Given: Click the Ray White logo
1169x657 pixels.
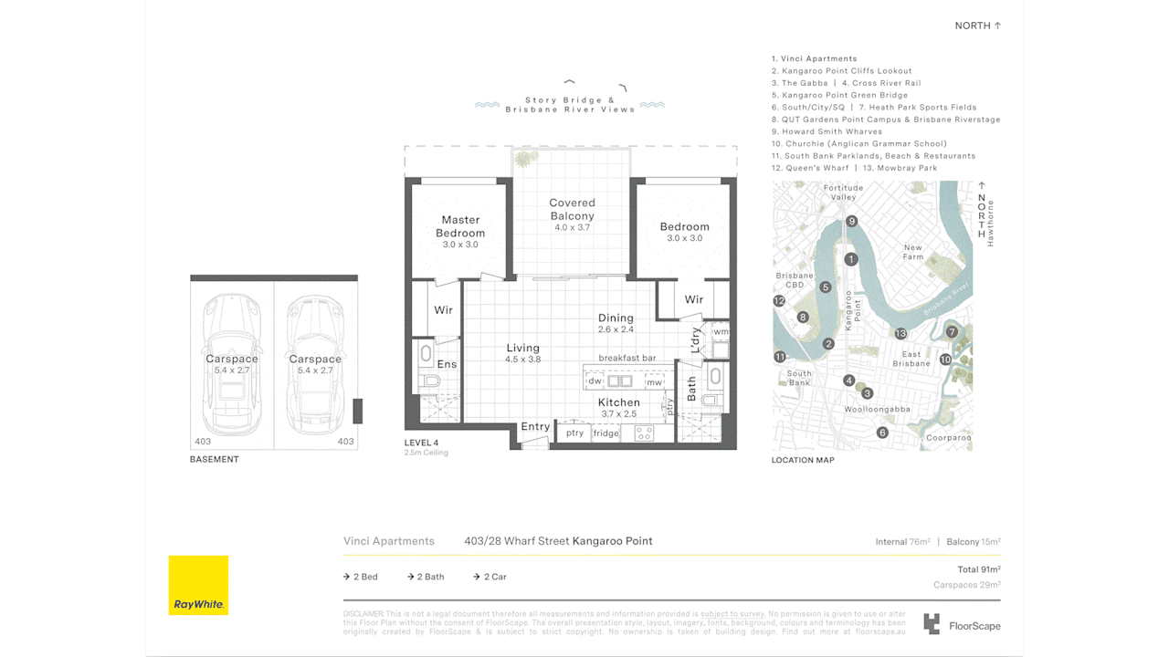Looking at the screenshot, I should click(x=198, y=585).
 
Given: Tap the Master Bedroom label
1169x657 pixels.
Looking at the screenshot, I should click(x=460, y=226).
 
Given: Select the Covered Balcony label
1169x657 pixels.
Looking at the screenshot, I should click(x=573, y=209).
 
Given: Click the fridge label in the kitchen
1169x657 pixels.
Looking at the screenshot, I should click(x=606, y=433).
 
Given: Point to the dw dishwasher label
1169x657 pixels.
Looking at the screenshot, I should click(x=595, y=381).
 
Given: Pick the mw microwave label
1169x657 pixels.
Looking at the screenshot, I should click(x=654, y=382).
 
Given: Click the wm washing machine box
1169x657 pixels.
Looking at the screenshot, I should click(x=721, y=331).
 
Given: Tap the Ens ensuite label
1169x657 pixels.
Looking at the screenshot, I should click(x=447, y=364).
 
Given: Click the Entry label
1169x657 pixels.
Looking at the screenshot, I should click(x=535, y=426).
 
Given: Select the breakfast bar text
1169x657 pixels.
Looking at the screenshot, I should click(x=627, y=359).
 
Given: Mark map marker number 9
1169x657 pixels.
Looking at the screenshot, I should click(x=851, y=221).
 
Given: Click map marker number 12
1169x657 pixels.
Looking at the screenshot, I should click(x=779, y=301).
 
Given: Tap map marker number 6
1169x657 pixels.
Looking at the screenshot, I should click(x=882, y=433).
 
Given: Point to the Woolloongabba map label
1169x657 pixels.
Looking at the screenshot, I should click(x=877, y=410).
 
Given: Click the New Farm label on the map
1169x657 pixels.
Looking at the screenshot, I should click(x=913, y=253).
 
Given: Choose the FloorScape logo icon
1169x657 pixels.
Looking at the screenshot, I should click(x=931, y=624).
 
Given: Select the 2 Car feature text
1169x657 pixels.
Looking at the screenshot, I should click(x=490, y=577).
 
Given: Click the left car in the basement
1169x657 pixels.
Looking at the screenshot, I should click(x=232, y=365).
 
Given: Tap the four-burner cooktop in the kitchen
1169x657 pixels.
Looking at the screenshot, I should click(x=643, y=433).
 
